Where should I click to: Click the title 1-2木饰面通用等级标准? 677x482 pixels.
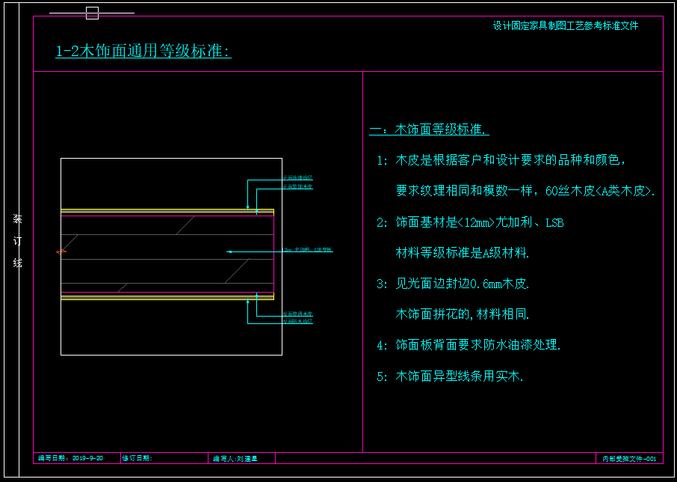143,51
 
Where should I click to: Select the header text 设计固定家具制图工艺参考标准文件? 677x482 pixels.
566,25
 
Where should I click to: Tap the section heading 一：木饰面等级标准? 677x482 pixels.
429,129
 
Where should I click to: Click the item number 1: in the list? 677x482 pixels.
382,160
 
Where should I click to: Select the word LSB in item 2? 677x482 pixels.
554,222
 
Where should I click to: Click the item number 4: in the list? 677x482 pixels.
382,345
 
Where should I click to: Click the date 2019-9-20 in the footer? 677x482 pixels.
87,457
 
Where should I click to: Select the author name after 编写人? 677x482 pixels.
247,458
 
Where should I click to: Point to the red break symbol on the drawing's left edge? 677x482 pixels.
61,252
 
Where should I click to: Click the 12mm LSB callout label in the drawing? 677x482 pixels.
308,249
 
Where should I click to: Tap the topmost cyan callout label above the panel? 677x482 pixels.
297,178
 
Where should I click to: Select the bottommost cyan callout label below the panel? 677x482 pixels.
297,321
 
